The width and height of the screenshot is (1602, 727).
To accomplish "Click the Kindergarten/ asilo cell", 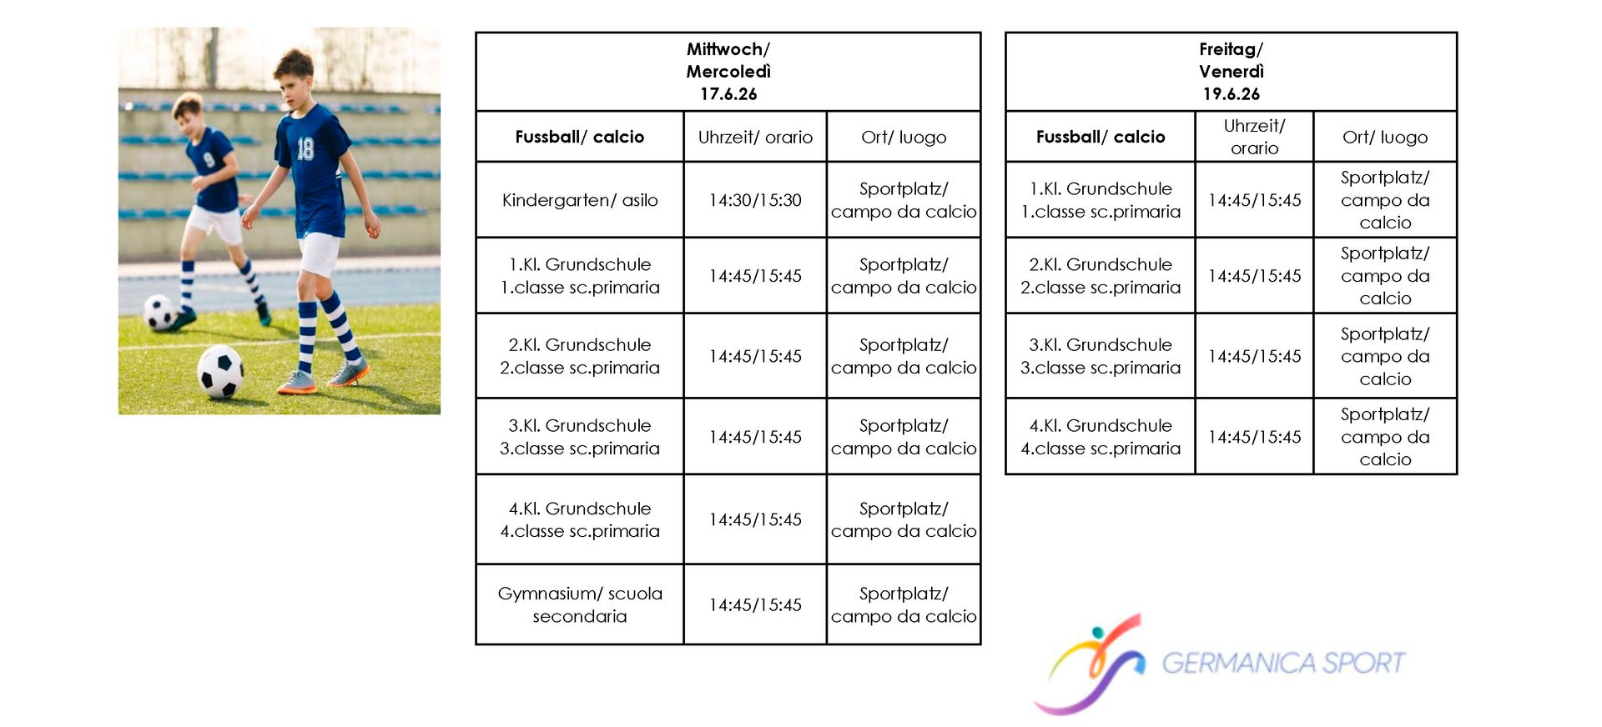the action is (580, 200).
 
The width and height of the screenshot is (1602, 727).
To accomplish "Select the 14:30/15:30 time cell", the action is (755, 200).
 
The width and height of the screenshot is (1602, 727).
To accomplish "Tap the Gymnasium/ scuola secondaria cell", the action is (580, 604).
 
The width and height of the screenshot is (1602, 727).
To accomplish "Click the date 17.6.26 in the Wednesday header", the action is (728, 94).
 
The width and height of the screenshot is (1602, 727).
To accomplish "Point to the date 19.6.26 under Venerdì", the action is (1232, 94).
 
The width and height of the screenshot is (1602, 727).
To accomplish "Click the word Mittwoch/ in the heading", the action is (728, 49).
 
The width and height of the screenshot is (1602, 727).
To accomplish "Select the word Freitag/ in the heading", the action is (1232, 49).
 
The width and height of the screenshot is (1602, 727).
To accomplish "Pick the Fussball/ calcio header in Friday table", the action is (1101, 137).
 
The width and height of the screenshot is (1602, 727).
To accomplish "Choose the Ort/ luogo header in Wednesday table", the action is (904, 137).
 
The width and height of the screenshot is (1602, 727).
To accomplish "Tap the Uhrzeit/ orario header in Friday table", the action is (1254, 137).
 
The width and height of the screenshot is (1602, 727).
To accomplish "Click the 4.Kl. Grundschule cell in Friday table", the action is (1101, 437).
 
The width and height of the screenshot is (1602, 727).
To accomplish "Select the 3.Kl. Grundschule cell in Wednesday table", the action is (580, 437).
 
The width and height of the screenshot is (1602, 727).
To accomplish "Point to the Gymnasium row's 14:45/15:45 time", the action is (755, 604).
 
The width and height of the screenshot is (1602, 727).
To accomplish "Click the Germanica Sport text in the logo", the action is (1283, 664).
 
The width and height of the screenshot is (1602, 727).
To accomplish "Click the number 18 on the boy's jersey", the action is (305, 148).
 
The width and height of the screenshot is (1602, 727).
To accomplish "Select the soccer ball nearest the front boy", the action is (220, 372).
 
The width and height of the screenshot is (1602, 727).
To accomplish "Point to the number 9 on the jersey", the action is (209, 159).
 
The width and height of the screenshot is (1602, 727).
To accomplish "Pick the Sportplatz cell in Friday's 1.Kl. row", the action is (1385, 200).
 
